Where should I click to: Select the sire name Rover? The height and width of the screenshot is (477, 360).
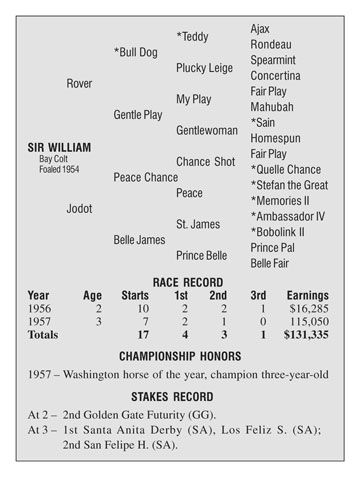coord(79,83)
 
